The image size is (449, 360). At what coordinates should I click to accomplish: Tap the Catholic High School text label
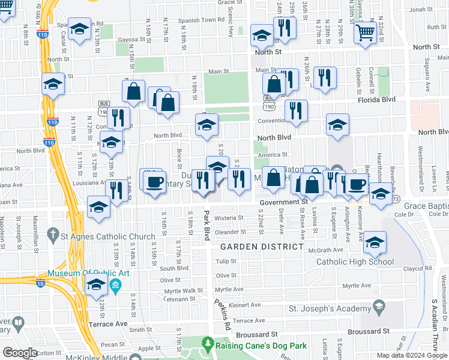coord(355,262)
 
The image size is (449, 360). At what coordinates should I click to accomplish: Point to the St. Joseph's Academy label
coord(330,308)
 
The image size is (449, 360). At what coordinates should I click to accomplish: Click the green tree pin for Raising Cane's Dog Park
coord(208,344)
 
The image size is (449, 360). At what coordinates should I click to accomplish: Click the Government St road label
coord(288,203)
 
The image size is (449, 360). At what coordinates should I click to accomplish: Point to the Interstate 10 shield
coord(41,282)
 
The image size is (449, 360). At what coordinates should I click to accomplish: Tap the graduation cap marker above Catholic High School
coord(375,242)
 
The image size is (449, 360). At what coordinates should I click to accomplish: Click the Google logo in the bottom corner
coord(20,353)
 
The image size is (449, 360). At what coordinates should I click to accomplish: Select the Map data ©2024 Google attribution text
coord(411,355)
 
